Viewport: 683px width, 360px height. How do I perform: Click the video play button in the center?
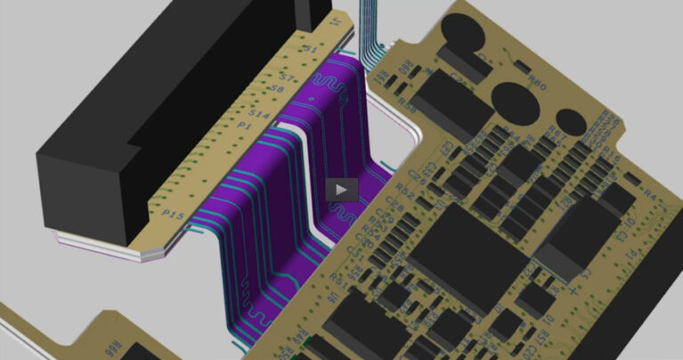[342, 189]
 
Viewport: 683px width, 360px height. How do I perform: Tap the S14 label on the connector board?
[258, 116]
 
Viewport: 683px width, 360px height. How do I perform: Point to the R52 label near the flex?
[404, 191]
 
